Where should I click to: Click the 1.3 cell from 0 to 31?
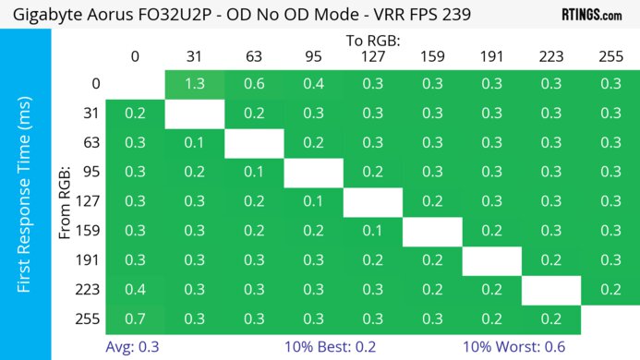[195, 84]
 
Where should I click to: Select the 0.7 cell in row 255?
[135, 320]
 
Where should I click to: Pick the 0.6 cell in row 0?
[254, 84]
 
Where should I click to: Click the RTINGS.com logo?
[591, 14]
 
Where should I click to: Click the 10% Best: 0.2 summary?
[317, 347]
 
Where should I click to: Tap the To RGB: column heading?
[372, 41]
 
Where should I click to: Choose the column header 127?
[372, 57]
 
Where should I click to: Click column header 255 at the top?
[610, 57]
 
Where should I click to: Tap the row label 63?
[89, 143]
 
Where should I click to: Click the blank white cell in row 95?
[313, 173]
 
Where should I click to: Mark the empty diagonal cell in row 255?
[610, 320]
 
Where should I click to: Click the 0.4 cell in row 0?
[313, 84]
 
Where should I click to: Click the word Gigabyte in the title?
[41, 14]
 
